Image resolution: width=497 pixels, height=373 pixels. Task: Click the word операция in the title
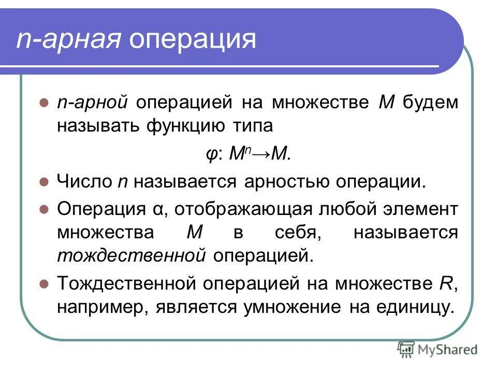[x=193, y=40]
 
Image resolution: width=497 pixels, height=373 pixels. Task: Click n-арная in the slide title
[x=68, y=40]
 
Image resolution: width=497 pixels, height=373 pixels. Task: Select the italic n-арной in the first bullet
[x=92, y=102]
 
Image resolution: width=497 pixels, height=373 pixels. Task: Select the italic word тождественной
[x=132, y=255]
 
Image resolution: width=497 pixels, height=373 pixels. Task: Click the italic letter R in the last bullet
[x=449, y=283]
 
